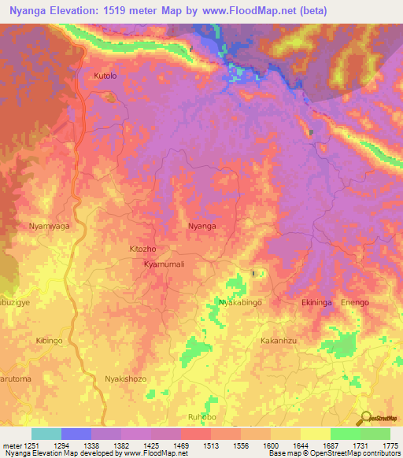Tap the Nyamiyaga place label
point(49,226)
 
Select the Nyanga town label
point(202,226)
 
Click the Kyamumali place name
point(164,264)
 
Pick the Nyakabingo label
point(239,302)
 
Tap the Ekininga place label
point(319,302)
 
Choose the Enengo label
point(354,302)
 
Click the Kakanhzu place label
point(279,341)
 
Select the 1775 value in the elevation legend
point(389,445)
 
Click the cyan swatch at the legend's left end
point(46,434)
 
